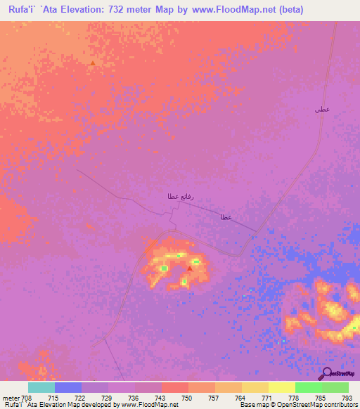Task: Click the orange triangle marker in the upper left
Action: pos(92,63)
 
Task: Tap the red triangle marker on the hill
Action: pos(190,268)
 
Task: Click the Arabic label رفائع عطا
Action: pos(175,195)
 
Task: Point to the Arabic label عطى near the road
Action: pos(322,110)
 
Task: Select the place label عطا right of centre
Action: pos(226,217)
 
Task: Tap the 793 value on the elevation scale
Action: pos(347,398)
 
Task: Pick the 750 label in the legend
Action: pos(187,398)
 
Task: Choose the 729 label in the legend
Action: pos(108,398)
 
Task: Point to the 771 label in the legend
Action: pos(268,398)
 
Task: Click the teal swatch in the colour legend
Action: pos(41,387)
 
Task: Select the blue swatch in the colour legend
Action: pos(68,387)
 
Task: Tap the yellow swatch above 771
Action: pos(255,387)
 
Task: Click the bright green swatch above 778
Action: pos(308,387)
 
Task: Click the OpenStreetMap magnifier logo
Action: pos(326,373)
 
